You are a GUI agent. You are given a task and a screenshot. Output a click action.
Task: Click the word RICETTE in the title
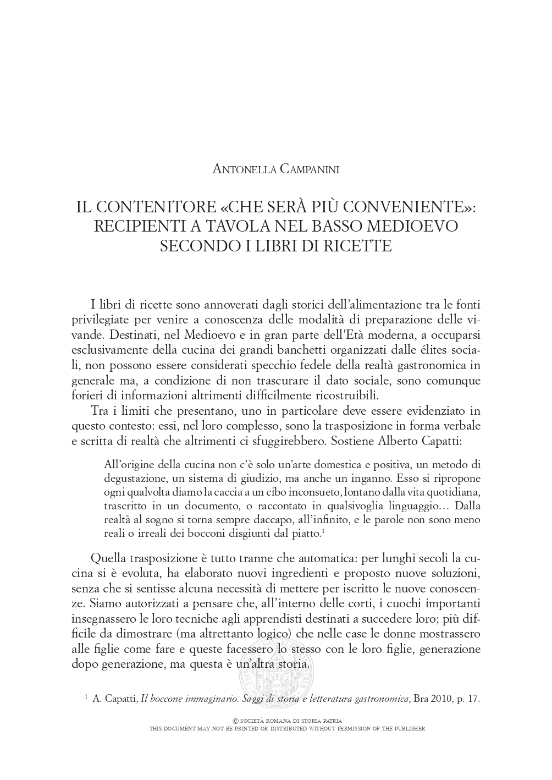pyautogui.click(x=360, y=245)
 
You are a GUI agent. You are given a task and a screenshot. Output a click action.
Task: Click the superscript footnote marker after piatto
pyautogui.click(x=322, y=530)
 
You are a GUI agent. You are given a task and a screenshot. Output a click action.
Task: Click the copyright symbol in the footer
pyautogui.click(x=236, y=721)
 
